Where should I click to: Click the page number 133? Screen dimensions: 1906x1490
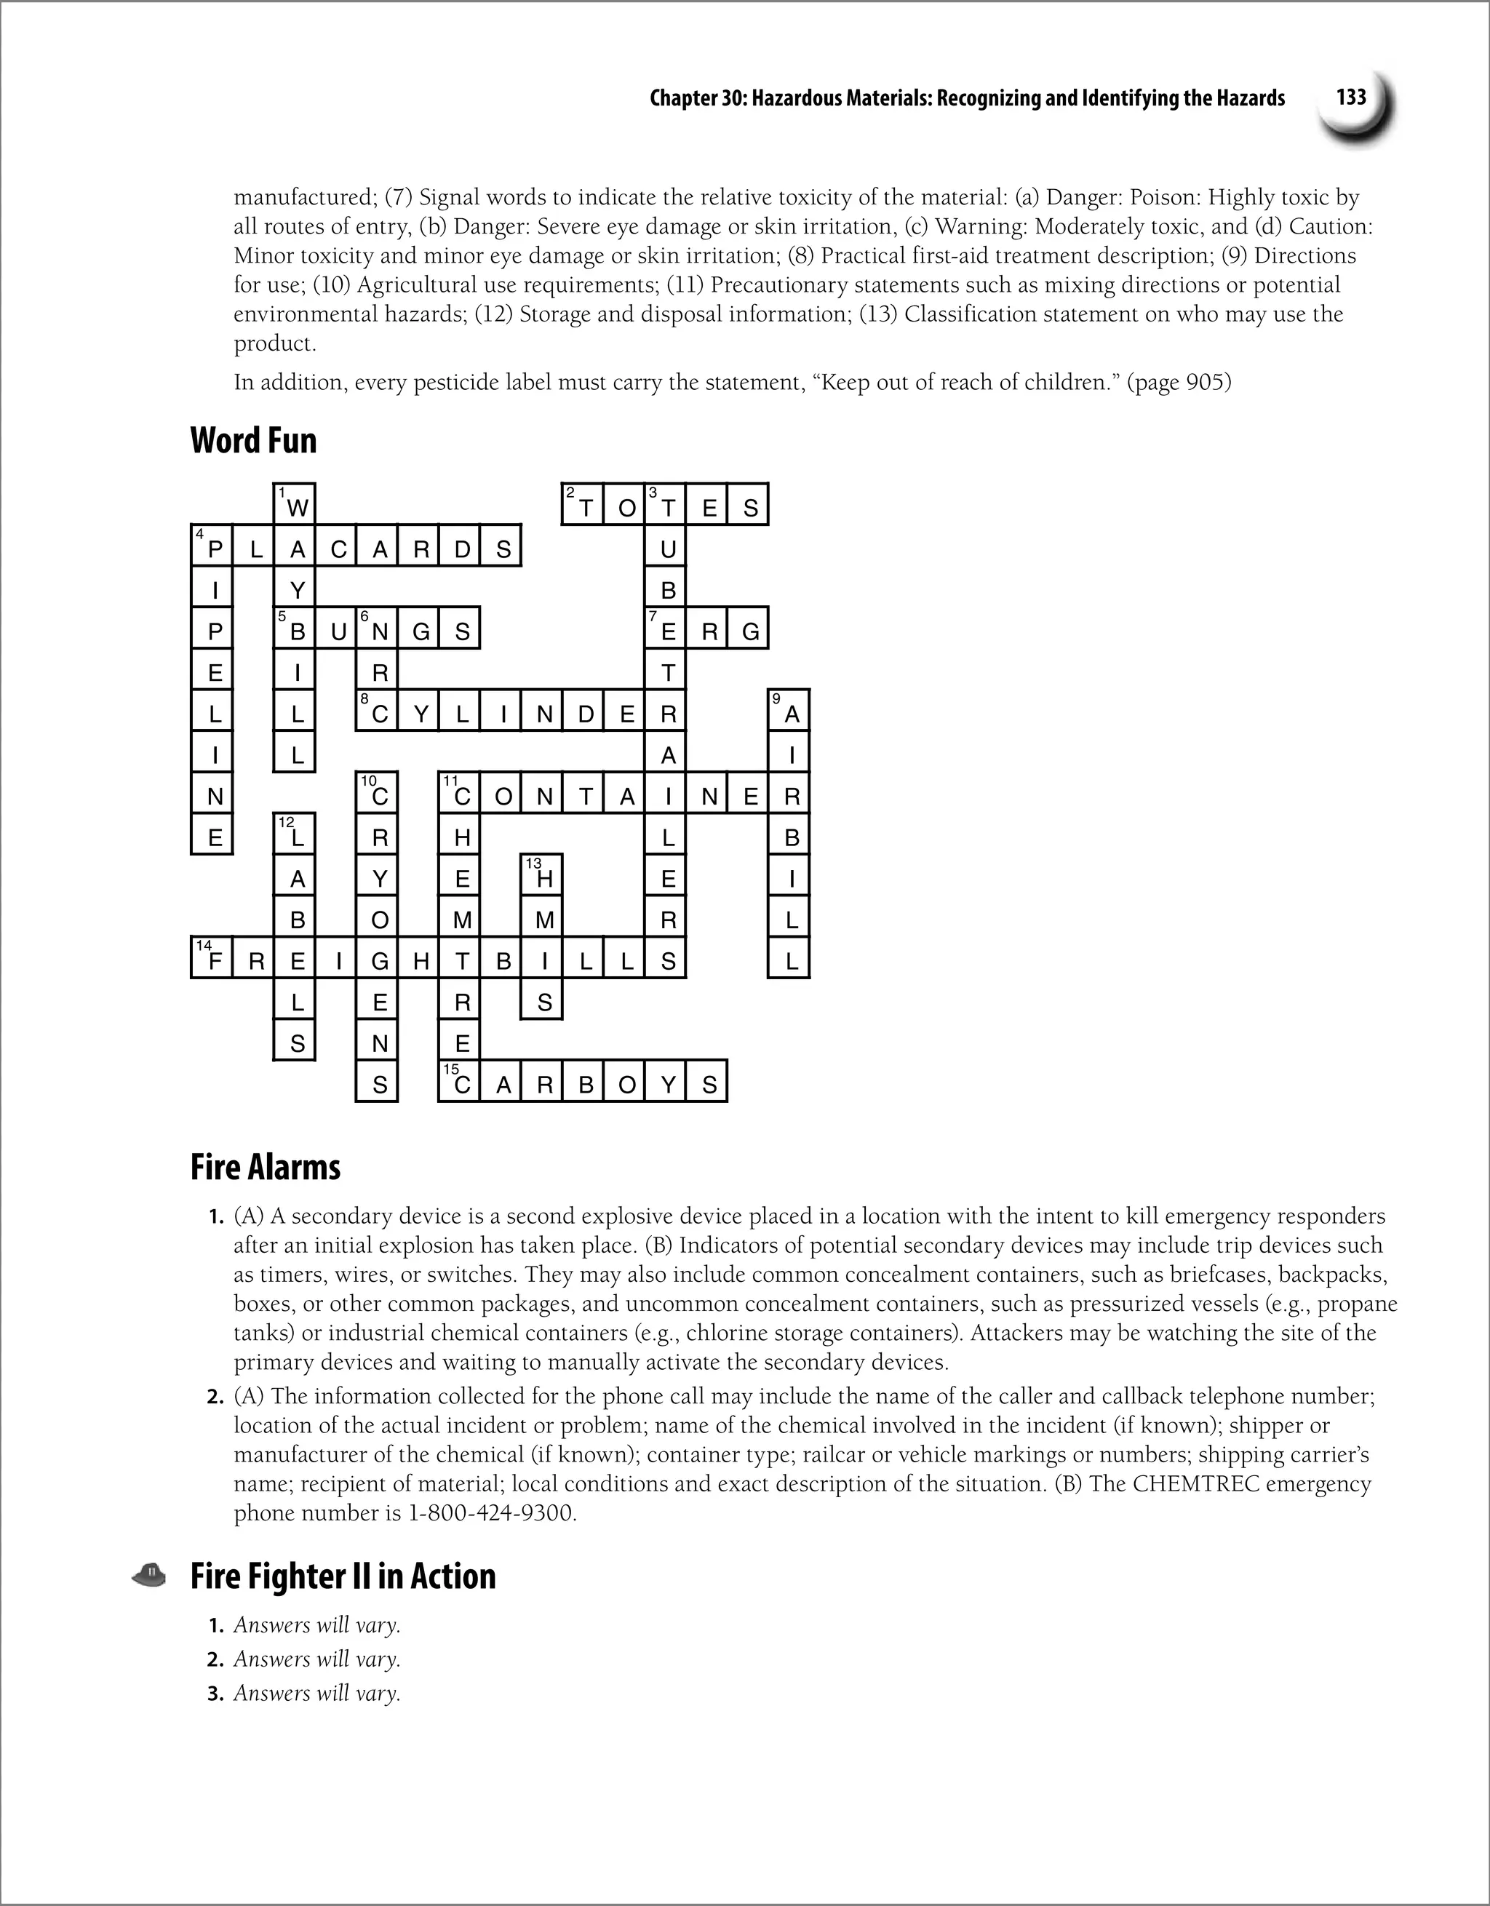(1351, 97)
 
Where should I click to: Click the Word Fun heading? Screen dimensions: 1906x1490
(253, 440)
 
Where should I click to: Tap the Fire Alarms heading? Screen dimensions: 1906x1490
(266, 1167)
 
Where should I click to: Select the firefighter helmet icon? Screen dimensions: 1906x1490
(149, 1574)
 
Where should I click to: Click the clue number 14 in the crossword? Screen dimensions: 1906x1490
(204, 946)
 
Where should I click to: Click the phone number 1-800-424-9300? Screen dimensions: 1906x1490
(491, 1512)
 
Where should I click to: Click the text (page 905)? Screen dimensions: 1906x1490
(1179, 382)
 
